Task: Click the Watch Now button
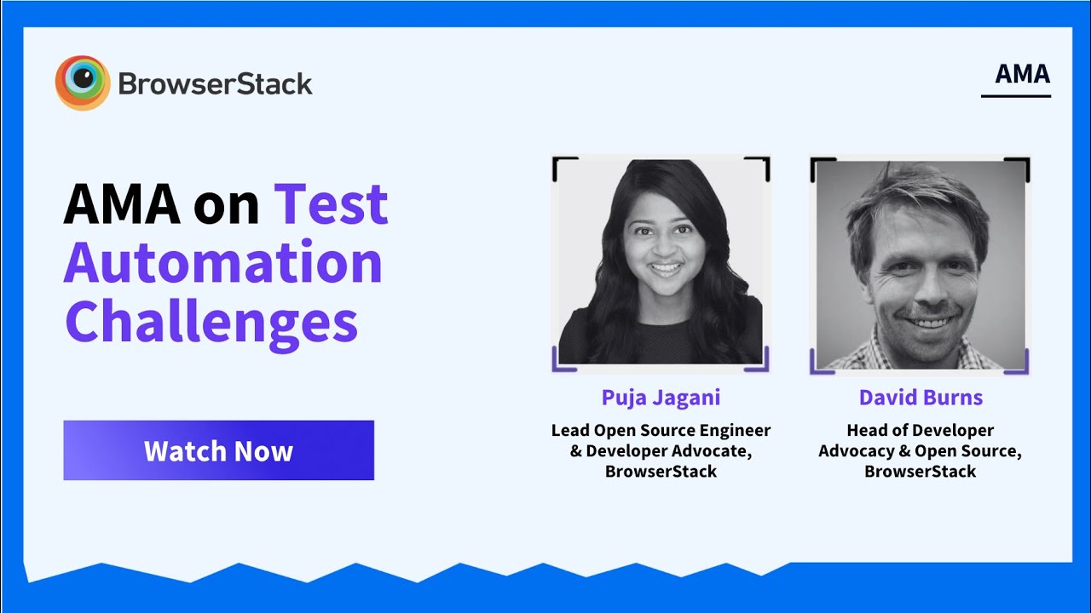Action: [x=219, y=450]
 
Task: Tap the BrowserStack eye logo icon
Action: [x=83, y=83]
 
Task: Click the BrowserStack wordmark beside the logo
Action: [x=215, y=83]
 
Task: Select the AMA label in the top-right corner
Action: [x=1022, y=74]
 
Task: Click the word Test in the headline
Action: [x=332, y=203]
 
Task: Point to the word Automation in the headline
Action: [x=223, y=263]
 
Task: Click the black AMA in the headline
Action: [x=122, y=203]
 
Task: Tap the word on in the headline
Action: [x=226, y=209]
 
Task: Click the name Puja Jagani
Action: [x=661, y=398]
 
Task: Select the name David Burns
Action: [x=921, y=398]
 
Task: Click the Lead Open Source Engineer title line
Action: [x=661, y=431]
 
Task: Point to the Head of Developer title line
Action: [x=920, y=430]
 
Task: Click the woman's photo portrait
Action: [x=661, y=262]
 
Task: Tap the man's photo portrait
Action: [x=921, y=265]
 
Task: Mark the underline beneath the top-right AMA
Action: [x=1015, y=96]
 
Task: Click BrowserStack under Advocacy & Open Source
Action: [x=920, y=472]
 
